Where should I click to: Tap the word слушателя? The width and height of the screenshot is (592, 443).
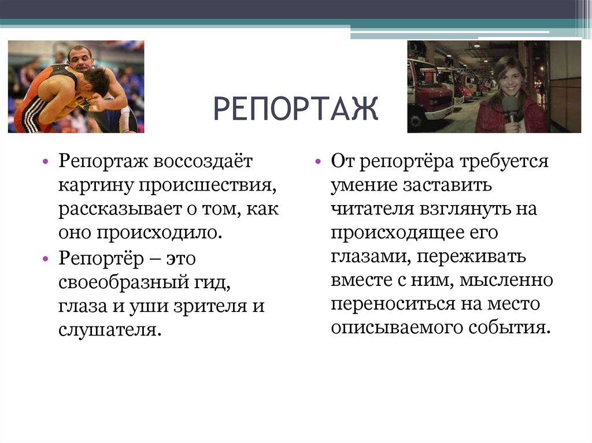(108, 330)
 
